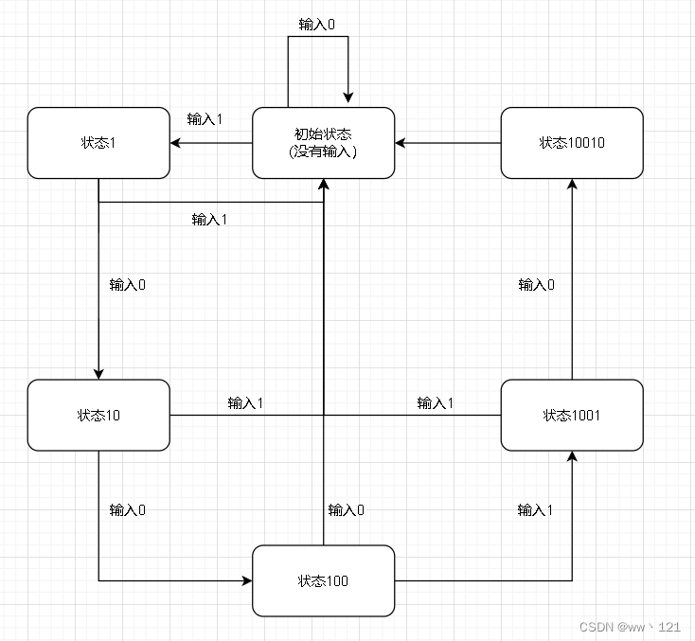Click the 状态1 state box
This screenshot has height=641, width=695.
[98, 143]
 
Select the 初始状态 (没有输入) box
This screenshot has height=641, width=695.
[323, 143]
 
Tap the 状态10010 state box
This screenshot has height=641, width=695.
[572, 143]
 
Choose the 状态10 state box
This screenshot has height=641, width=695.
[98, 416]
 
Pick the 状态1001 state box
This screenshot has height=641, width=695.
[572, 416]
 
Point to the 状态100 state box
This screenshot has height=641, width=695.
[323, 580]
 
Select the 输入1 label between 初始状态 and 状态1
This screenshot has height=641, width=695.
[205, 119]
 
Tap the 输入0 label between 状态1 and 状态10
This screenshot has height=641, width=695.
[128, 285]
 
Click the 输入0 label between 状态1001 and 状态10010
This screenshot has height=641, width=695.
[537, 285]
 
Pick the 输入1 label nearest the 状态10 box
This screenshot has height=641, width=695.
[245, 403]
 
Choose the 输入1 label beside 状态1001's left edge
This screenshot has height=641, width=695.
[436, 403]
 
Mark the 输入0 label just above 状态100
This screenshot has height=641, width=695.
[347, 510]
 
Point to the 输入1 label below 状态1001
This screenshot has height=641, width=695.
[536, 510]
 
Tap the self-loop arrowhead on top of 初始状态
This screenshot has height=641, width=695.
[349, 96]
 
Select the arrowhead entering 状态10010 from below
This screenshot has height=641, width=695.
[572, 186]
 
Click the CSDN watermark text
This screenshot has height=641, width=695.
[630, 627]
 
